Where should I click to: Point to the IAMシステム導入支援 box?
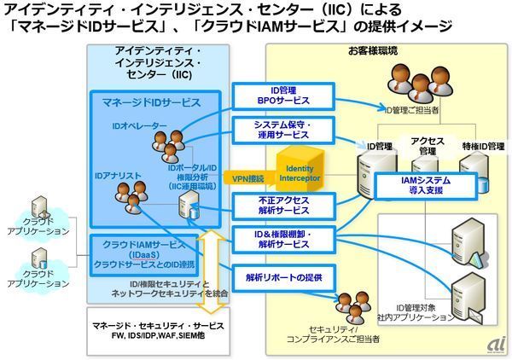[420, 186]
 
